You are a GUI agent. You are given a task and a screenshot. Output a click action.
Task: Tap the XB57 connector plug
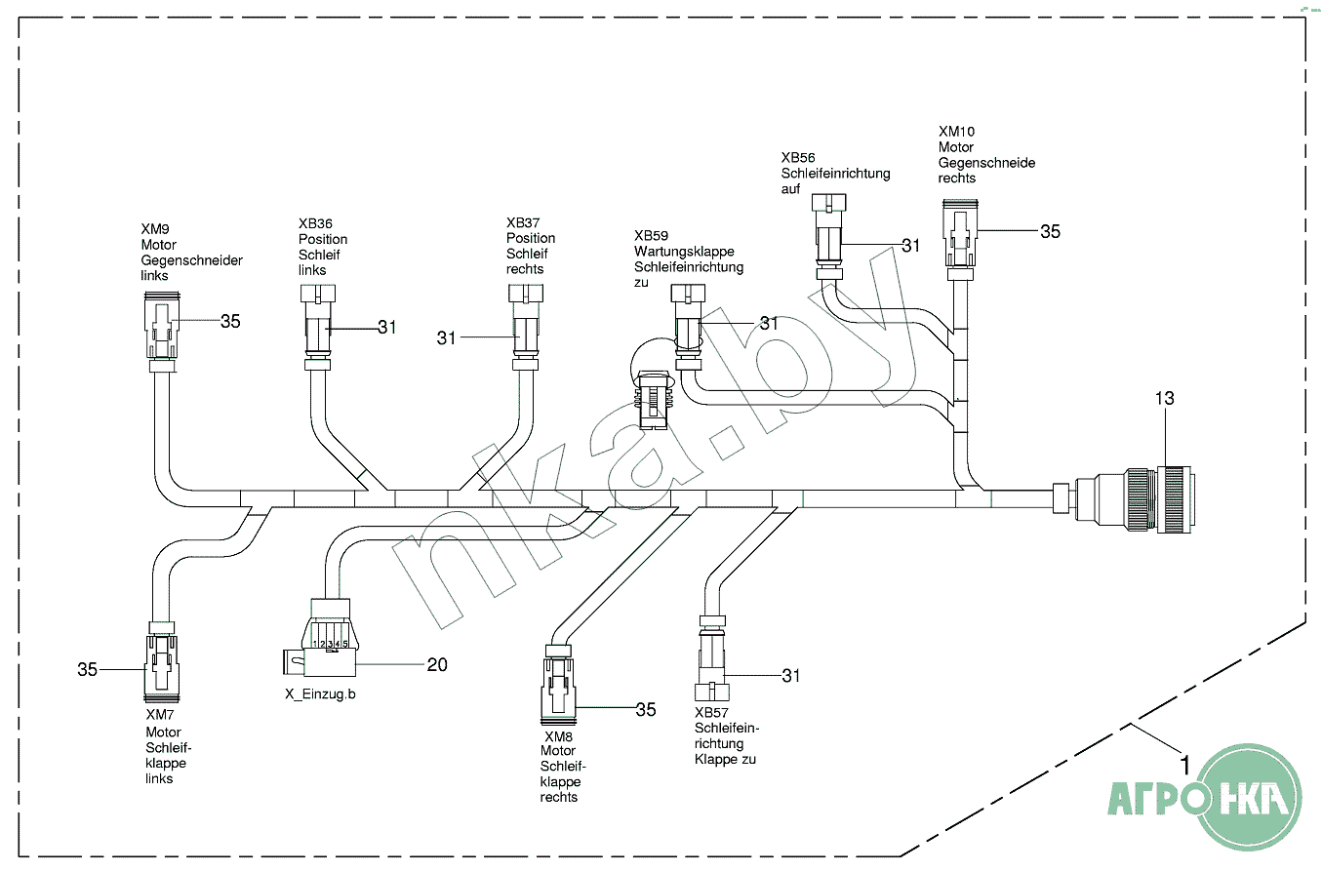point(711,662)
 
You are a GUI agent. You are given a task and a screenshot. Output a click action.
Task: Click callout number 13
point(1164,398)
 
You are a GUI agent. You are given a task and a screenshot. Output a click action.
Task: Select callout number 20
point(436,664)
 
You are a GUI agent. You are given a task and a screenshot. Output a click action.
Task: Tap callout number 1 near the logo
point(1184,766)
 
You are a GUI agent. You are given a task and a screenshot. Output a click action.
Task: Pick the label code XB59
point(651,236)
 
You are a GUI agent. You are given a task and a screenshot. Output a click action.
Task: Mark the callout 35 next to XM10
point(1049,231)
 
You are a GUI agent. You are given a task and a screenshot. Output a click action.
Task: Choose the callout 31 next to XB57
point(789,674)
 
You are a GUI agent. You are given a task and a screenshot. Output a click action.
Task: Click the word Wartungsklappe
point(684,252)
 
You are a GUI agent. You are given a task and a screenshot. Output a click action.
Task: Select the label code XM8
point(558,736)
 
